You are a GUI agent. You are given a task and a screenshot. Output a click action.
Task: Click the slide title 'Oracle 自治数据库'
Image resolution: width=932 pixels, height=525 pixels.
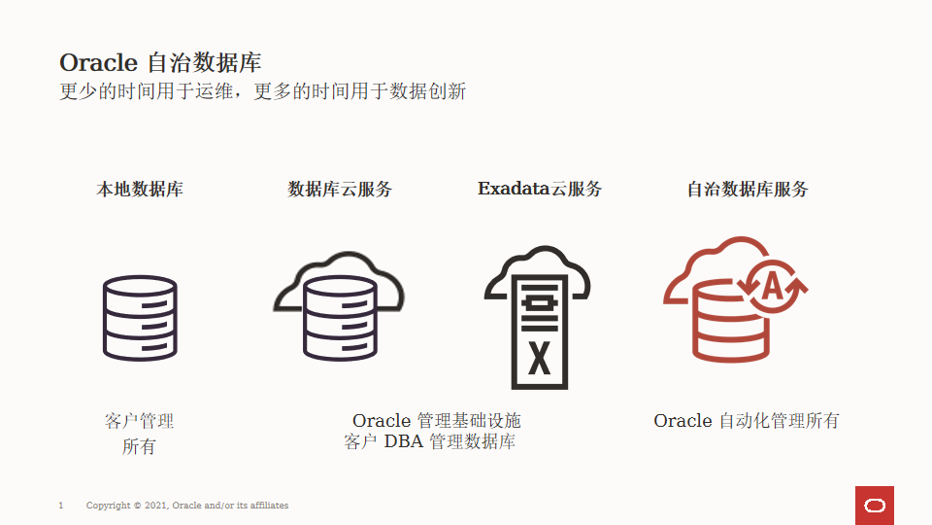click(x=160, y=62)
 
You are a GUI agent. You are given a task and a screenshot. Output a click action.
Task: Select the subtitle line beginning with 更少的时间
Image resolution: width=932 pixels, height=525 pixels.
click(x=262, y=92)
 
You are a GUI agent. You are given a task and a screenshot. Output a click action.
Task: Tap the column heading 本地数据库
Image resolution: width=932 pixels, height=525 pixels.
click(x=140, y=190)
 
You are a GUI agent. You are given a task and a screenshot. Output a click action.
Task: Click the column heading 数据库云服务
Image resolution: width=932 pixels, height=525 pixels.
click(x=340, y=190)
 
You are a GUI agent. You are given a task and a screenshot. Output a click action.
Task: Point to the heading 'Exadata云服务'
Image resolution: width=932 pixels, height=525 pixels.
click(x=540, y=190)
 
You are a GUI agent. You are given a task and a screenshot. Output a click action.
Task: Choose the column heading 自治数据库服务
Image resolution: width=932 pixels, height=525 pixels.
click(x=748, y=190)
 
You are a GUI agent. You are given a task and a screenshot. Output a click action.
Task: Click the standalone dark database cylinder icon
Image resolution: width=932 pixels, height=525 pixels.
click(x=140, y=318)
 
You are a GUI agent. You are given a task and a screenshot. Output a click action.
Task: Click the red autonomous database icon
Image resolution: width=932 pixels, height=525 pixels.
click(x=732, y=301)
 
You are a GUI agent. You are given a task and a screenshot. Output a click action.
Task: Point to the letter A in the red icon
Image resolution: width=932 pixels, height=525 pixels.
click(x=773, y=286)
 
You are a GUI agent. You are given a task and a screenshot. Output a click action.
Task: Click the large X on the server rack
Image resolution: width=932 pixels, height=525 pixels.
click(x=539, y=358)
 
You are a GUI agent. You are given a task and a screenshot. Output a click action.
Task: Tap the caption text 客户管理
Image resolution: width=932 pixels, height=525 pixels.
click(x=140, y=421)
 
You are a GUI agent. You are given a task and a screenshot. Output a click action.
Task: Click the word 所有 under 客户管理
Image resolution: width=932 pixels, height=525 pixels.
click(x=139, y=447)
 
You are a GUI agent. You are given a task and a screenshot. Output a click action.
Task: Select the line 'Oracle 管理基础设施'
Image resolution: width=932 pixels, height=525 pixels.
click(x=437, y=421)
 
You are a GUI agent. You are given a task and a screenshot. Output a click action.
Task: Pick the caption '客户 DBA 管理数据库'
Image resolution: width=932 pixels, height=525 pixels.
click(x=430, y=442)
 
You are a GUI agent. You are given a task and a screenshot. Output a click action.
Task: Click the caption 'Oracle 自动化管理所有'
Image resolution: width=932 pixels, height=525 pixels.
click(x=747, y=421)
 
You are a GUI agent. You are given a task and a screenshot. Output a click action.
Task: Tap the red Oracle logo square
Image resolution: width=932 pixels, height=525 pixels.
click(x=874, y=506)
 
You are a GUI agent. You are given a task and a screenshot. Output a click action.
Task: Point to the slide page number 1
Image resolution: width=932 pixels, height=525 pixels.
click(x=61, y=506)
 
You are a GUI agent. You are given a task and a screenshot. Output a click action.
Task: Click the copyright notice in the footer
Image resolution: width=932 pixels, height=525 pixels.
click(x=187, y=506)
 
